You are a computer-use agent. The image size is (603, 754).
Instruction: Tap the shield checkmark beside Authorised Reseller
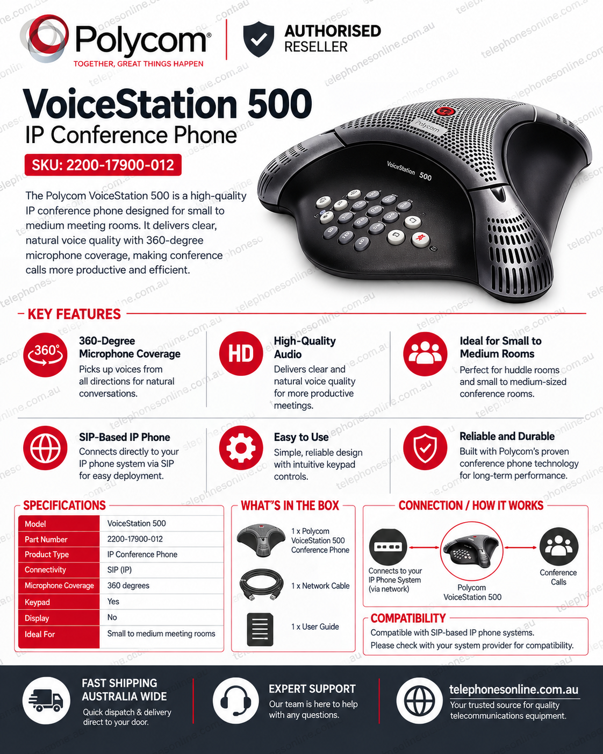pyautogui.click(x=259, y=39)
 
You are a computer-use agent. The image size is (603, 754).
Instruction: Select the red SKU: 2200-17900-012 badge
pyautogui.click(x=103, y=165)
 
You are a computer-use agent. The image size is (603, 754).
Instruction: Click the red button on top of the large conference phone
pyautogui.click(x=445, y=111)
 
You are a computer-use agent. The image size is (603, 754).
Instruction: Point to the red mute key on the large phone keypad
pyautogui.click(x=420, y=239)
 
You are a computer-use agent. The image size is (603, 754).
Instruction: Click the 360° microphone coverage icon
pyautogui.click(x=45, y=354)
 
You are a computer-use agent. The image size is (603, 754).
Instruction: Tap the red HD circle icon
pyautogui.click(x=241, y=353)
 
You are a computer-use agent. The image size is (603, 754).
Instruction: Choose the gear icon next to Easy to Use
pyautogui.click(x=241, y=448)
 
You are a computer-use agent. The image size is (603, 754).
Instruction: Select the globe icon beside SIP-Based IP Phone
pyautogui.click(x=45, y=448)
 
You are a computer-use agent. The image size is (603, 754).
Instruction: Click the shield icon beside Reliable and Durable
pyautogui.click(x=425, y=448)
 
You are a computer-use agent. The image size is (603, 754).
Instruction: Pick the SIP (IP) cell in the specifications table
pyautogui.click(x=119, y=570)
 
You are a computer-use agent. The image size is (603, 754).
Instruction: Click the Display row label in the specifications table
pyautogui.click(x=37, y=618)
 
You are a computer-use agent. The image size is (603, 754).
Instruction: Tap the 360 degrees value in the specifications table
pyautogui.click(x=128, y=586)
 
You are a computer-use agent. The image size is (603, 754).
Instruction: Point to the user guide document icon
pyautogui.click(x=260, y=629)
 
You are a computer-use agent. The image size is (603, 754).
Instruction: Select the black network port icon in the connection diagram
pyautogui.click(x=388, y=546)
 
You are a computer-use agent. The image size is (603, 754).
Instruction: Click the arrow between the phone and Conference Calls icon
pyautogui.click(x=520, y=547)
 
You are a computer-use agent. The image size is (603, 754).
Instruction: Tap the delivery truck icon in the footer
pyautogui.click(x=46, y=700)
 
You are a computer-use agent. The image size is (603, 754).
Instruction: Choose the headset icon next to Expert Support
pyautogui.click(x=236, y=700)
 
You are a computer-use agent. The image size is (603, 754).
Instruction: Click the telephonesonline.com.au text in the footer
pyautogui.click(x=514, y=689)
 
